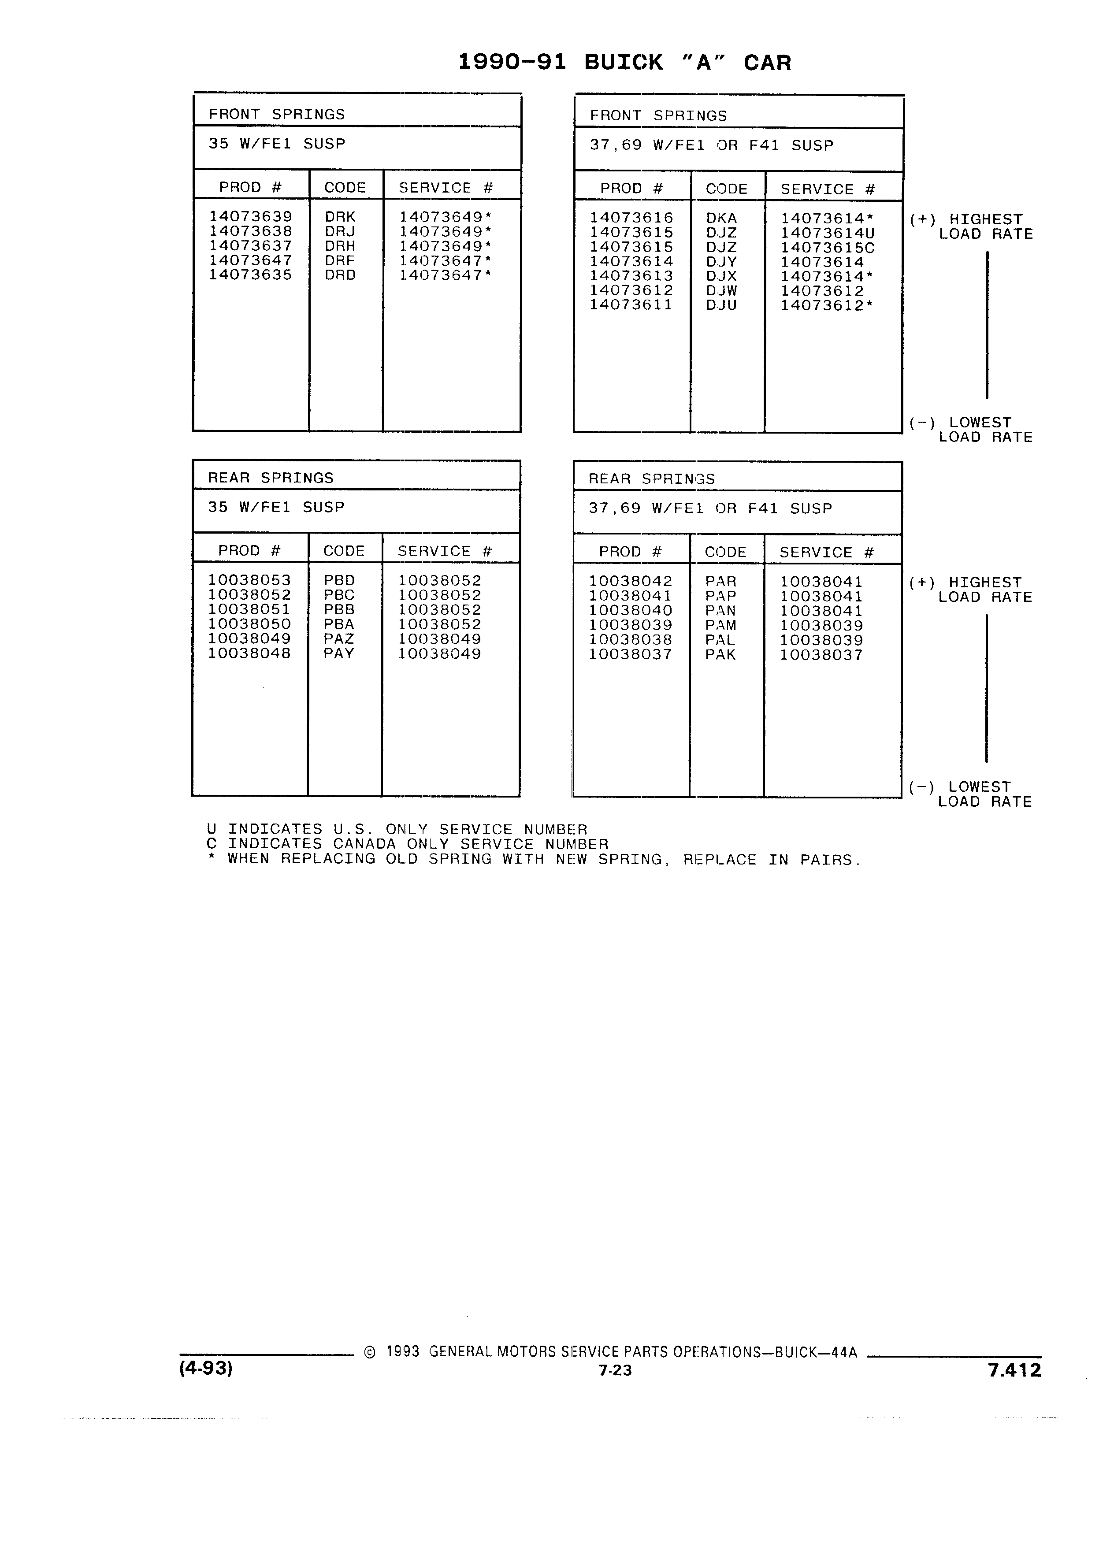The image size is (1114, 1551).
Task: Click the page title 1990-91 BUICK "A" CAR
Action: (624, 62)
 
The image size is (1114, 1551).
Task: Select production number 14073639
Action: (250, 217)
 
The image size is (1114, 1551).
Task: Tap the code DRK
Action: (340, 217)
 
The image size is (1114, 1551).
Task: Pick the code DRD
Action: (340, 275)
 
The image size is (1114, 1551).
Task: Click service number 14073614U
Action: (828, 233)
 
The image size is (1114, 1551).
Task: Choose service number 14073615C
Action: (828, 248)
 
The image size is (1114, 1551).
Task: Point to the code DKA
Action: (721, 218)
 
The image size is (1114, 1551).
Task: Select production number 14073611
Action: (631, 305)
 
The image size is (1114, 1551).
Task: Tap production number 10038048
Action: (249, 653)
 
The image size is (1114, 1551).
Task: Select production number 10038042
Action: (631, 581)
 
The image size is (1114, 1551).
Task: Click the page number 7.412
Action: (1014, 1370)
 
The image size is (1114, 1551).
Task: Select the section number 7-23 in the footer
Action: (615, 1370)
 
